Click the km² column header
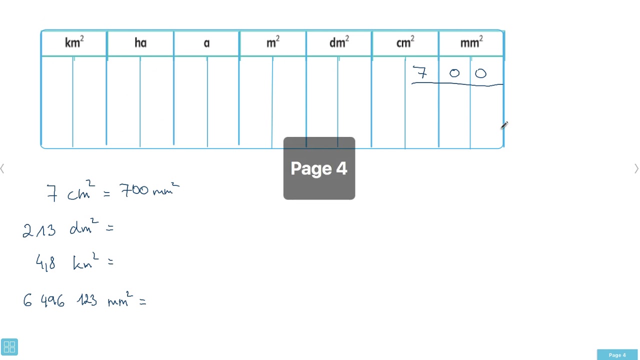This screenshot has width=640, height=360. (74, 42)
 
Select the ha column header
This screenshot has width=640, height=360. (140, 43)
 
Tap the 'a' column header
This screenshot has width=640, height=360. (206, 43)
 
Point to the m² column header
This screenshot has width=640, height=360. (273, 42)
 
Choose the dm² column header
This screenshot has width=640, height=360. (339, 42)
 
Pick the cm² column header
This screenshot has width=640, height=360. (405, 42)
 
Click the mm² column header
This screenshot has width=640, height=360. (471, 42)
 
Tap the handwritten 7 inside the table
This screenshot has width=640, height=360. (420, 72)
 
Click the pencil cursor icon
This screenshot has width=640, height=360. (504, 125)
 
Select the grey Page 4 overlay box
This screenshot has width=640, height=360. (319, 168)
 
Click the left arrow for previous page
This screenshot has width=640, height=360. (2, 168)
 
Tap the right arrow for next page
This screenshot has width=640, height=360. (636, 168)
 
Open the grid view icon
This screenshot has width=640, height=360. (9, 347)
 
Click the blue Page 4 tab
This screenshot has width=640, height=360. (617, 355)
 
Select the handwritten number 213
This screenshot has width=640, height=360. (39, 230)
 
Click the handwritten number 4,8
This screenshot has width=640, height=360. (45, 262)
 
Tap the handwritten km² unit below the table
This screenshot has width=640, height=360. (86, 261)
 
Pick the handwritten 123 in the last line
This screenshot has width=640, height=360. (87, 301)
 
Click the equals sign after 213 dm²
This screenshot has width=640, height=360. (109, 228)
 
